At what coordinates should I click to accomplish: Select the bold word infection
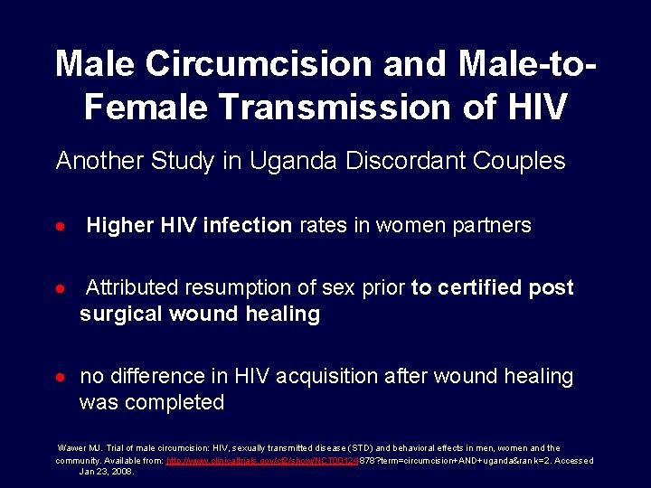coord(248,225)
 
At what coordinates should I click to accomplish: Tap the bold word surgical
coord(117,314)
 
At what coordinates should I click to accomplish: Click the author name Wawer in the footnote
coord(72,448)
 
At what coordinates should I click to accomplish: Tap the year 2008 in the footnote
coord(121,472)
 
